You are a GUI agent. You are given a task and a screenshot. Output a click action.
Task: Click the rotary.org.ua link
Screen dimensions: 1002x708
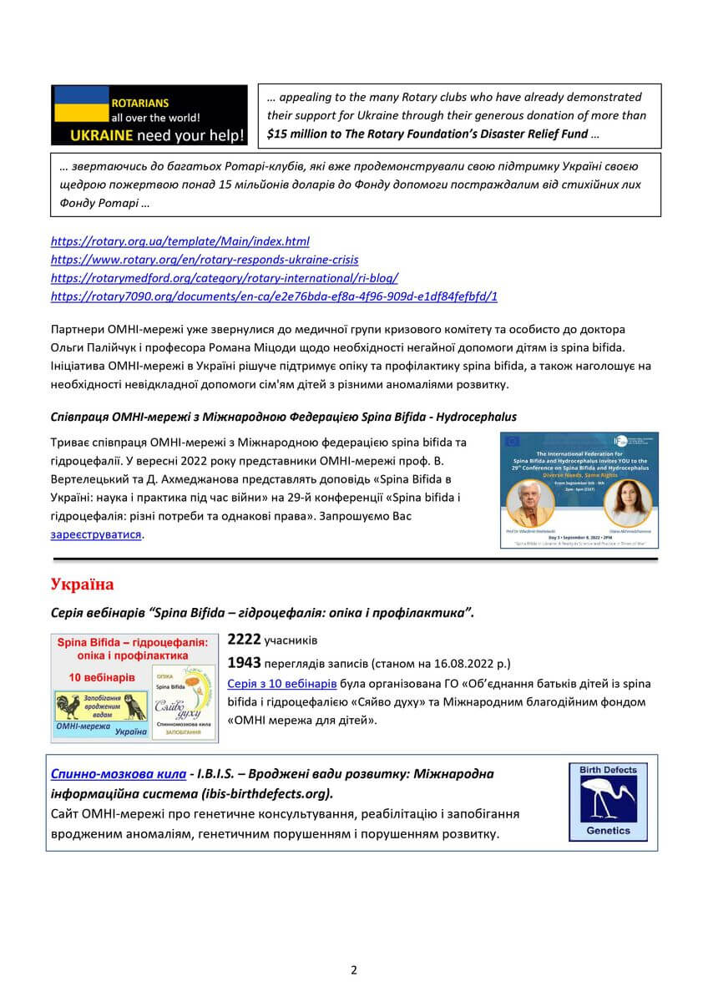[180, 241]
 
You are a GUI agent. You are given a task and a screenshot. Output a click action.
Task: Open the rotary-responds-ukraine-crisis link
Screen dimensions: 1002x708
[205, 260]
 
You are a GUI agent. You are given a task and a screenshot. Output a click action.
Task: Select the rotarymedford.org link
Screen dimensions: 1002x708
[224, 278]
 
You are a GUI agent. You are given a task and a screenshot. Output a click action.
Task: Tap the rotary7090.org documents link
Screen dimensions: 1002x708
[274, 296]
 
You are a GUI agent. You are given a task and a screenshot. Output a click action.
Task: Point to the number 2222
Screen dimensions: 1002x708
[244, 640]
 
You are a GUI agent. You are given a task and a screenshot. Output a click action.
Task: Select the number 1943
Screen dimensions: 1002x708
[244, 663]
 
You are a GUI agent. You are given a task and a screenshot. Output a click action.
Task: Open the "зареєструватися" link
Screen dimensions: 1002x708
[96, 534]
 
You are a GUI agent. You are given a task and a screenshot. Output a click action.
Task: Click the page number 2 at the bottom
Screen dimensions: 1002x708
[354, 969]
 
